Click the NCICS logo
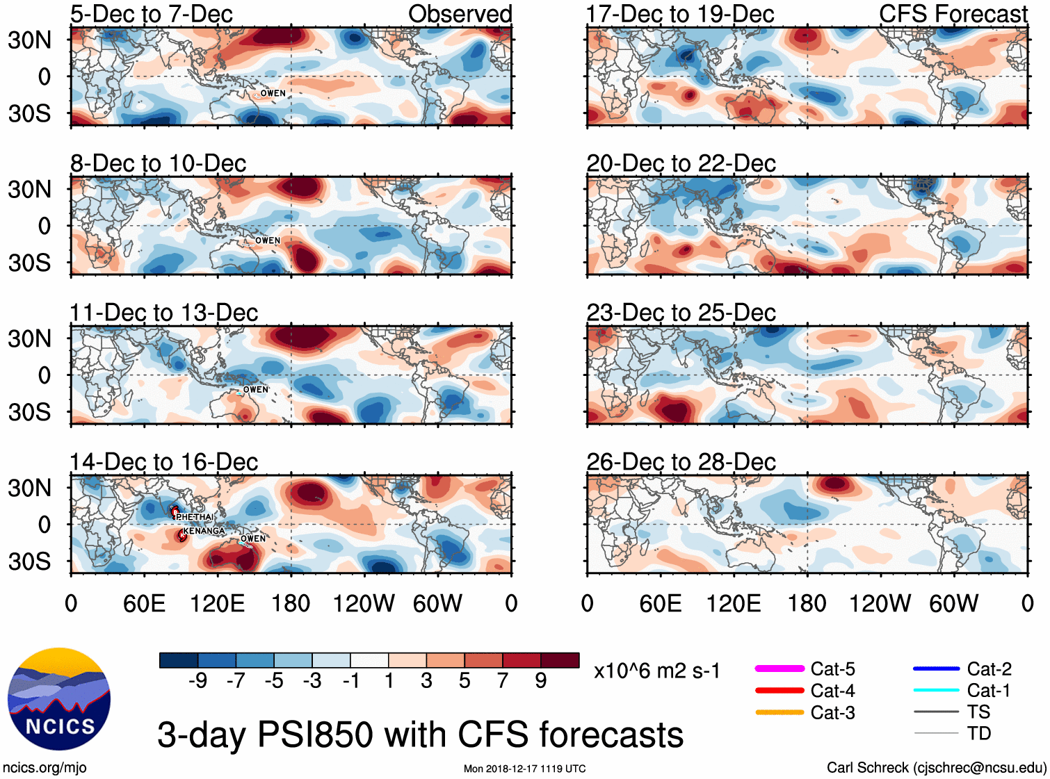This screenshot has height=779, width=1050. point(59,699)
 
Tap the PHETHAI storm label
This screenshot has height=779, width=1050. point(195,517)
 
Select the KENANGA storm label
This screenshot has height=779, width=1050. point(204,531)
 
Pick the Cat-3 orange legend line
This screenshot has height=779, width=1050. point(780,712)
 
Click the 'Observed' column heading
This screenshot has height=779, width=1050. point(460,13)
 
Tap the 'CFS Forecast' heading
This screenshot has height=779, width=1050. point(953,13)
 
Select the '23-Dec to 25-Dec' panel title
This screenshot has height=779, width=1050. point(681,313)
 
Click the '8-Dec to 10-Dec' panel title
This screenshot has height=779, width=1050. point(158,163)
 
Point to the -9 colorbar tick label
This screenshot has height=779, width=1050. point(197,681)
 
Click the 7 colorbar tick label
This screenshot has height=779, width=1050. point(503,681)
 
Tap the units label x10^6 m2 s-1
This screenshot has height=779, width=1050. point(656,671)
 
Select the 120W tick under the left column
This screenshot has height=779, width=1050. point(364,603)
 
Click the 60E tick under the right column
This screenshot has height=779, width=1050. point(660,603)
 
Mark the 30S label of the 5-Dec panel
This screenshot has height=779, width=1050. point(30,113)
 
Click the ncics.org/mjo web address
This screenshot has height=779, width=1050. point(45,768)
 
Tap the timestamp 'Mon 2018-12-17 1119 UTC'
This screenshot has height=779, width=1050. point(524,769)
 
